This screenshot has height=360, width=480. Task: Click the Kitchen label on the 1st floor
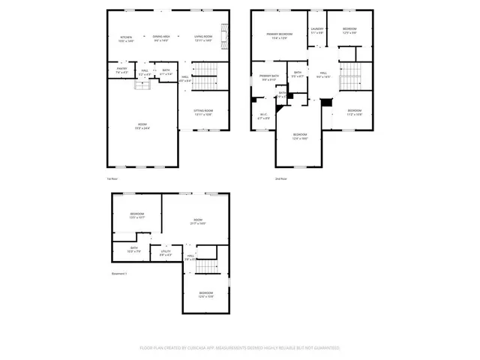point(127,38)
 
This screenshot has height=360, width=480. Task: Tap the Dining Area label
point(161,38)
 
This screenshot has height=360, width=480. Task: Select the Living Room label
point(202,38)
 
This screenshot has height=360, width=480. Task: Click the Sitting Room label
point(203,112)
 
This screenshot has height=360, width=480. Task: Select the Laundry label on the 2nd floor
point(317,31)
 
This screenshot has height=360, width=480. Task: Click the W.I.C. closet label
point(264,116)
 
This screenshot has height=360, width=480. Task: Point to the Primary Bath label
point(269,78)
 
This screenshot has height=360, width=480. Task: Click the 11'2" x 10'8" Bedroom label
point(355,112)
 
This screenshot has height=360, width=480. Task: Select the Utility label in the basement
point(165,253)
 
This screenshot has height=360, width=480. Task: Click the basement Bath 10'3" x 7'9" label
point(133,250)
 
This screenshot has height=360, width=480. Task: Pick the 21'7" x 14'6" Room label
point(198,221)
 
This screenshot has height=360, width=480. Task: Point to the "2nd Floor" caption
point(281,178)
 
